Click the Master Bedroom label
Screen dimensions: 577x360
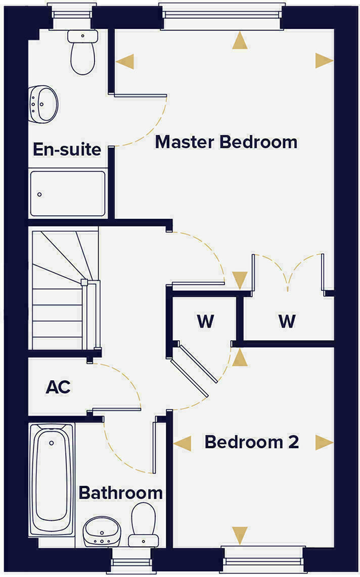[226, 142]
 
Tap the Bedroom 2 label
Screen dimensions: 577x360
[251, 442]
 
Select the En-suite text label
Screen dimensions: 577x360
[67, 150]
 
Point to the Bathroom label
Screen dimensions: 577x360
[121, 493]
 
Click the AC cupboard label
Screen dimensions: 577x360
[58, 387]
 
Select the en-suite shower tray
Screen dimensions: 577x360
[67, 193]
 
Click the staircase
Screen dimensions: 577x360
[63, 288]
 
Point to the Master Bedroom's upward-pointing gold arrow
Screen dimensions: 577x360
[241, 40]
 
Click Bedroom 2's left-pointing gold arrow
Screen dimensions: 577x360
[183, 443]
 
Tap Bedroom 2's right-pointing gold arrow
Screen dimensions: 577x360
[324, 442]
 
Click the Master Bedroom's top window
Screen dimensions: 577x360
[221, 11]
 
